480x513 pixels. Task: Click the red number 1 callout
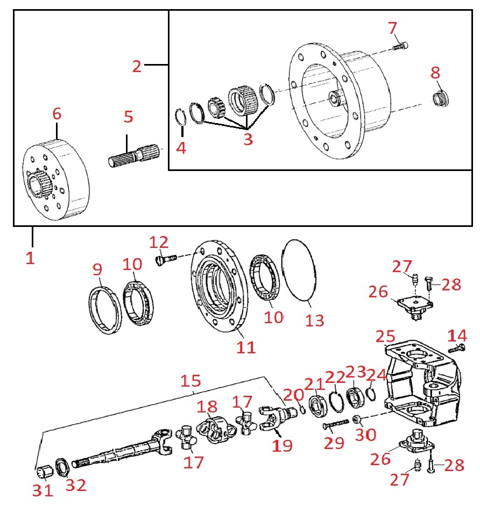tap(30, 258)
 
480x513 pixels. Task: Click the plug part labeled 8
tap(442, 99)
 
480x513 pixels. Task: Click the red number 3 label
tap(247, 140)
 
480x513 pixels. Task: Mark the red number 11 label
tap(246, 348)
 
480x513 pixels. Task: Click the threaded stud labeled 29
tap(336, 425)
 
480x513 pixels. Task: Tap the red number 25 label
tap(385, 338)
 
